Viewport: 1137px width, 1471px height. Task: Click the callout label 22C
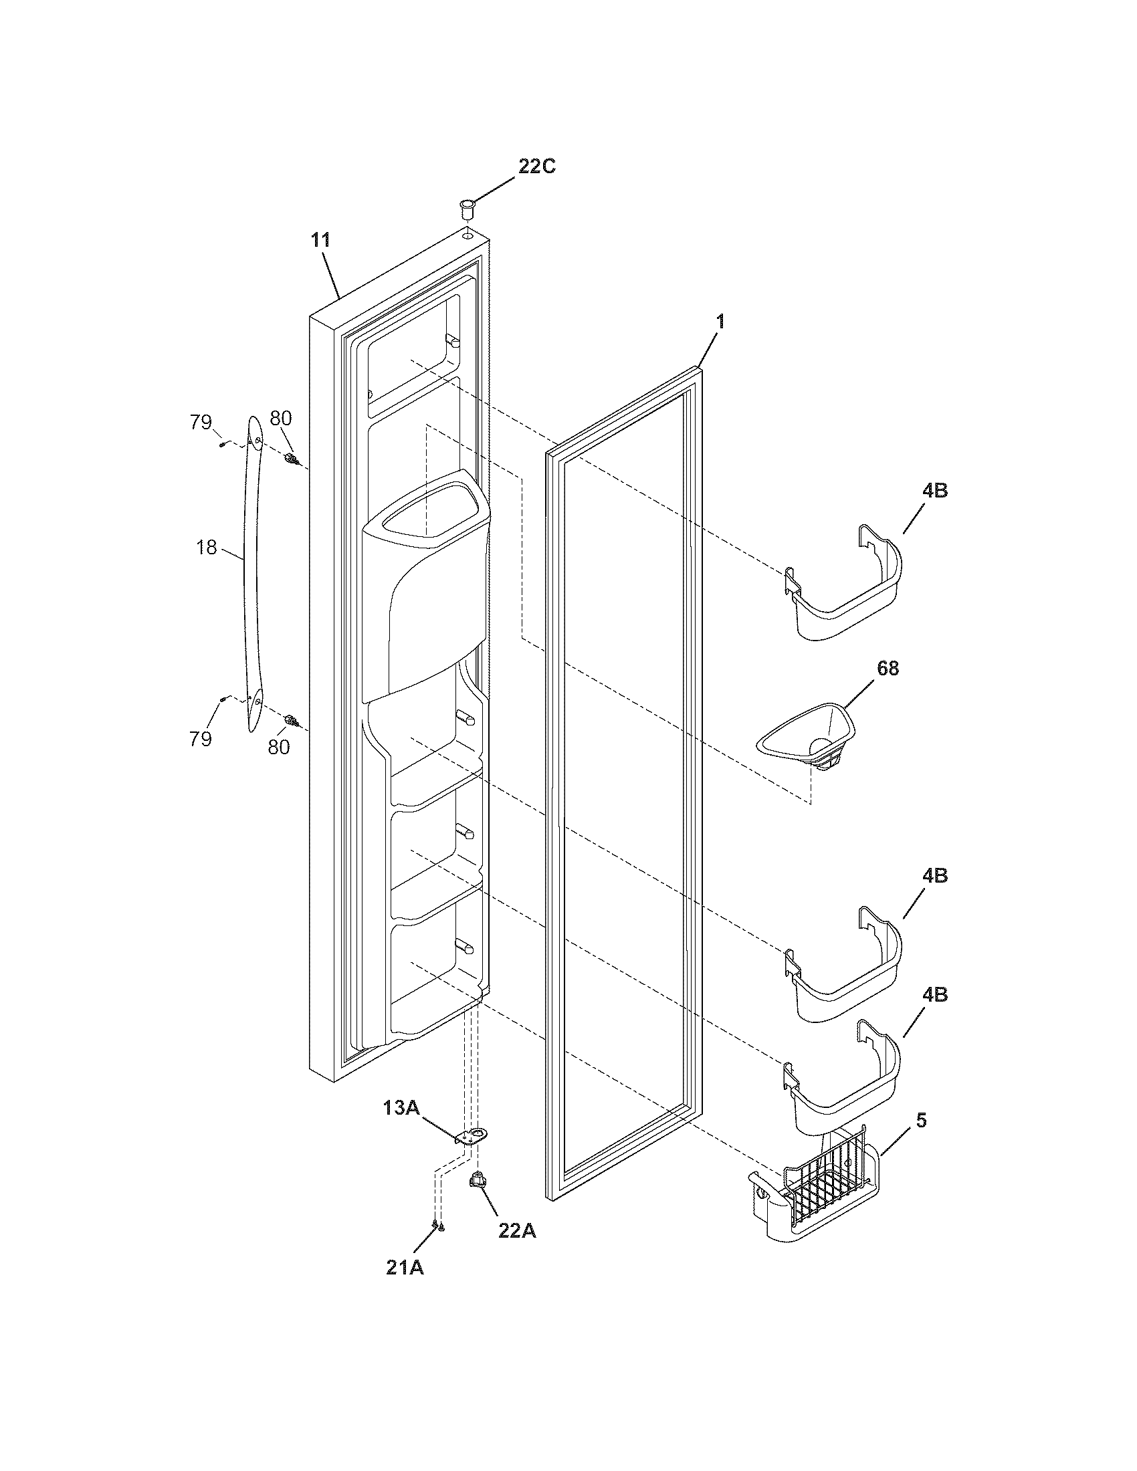(x=536, y=166)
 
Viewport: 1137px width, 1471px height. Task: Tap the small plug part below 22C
(x=466, y=207)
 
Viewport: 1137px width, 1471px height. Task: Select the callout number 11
(x=320, y=240)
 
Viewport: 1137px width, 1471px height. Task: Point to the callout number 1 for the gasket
(x=720, y=322)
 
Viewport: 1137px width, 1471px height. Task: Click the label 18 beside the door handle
(x=207, y=548)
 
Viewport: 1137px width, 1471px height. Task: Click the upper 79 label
(x=201, y=423)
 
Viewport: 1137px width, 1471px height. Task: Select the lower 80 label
(x=278, y=746)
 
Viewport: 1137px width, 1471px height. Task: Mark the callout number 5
(x=921, y=1120)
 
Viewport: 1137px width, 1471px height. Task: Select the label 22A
(x=517, y=1230)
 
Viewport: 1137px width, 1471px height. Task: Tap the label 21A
(x=405, y=1267)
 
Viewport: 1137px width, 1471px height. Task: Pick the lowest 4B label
(x=935, y=994)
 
